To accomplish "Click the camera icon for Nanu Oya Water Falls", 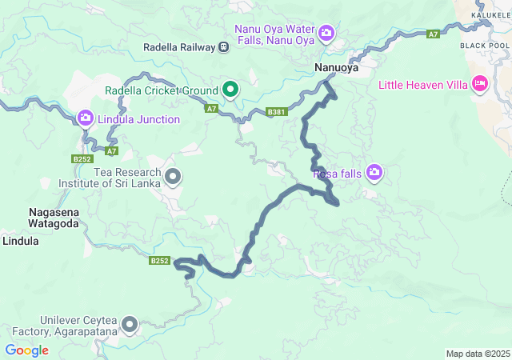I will (x=326, y=33).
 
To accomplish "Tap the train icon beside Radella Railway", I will (x=223, y=47).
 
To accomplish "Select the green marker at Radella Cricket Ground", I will (x=230, y=89).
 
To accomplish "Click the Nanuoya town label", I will (x=335, y=68).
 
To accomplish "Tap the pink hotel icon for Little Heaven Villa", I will (x=480, y=83).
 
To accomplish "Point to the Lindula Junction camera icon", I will (x=86, y=119).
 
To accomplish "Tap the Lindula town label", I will (x=21, y=240).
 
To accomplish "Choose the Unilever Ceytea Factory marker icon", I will (x=129, y=325).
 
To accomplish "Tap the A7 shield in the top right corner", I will (x=433, y=34).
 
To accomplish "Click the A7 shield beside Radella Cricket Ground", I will (x=210, y=108).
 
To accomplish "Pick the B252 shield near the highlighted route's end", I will (x=160, y=261).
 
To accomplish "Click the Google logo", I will (x=26, y=350).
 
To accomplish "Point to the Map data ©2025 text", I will (x=477, y=354).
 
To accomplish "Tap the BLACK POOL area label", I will (x=485, y=46).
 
